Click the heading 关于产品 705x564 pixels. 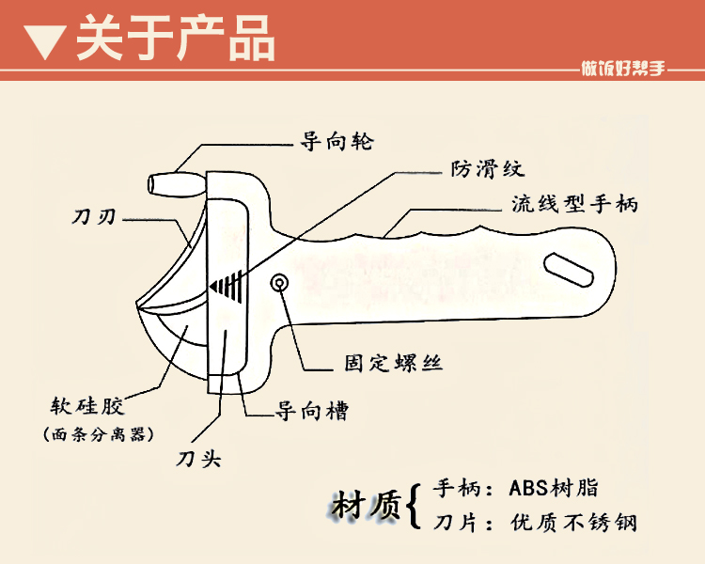tap(175, 39)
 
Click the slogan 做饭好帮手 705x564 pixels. tap(623, 69)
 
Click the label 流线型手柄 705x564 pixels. tap(574, 203)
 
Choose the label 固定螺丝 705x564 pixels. tap(395, 363)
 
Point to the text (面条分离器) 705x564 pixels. tap(99, 434)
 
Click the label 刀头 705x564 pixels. tap(198, 459)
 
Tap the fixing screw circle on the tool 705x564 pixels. tap(280, 283)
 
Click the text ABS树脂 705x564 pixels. tap(553, 488)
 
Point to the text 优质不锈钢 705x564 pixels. tap(572, 522)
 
